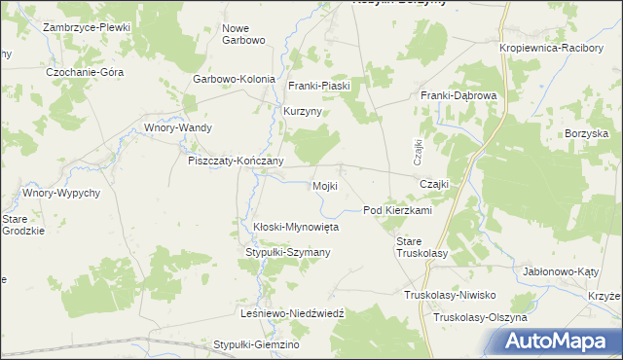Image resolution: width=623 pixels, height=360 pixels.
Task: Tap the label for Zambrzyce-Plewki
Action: click(x=87, y=27)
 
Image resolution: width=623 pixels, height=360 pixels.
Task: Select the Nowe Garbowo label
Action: click(x=243, y=34)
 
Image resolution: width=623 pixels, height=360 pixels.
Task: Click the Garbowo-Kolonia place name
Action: click(x=235, y=80)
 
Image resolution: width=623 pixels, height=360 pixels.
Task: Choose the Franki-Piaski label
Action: click(x=318, y=86)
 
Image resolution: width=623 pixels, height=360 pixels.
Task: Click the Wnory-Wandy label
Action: click(x=178, y=127)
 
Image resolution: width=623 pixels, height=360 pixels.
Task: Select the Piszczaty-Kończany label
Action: click(x=236, y=161)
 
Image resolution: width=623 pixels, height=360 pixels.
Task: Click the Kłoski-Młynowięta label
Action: click(x=296, y=226)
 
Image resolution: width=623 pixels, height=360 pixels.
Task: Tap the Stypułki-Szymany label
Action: click(x=288, y=252)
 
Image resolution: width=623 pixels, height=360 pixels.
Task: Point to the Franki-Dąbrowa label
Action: click(x=458, y=95)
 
